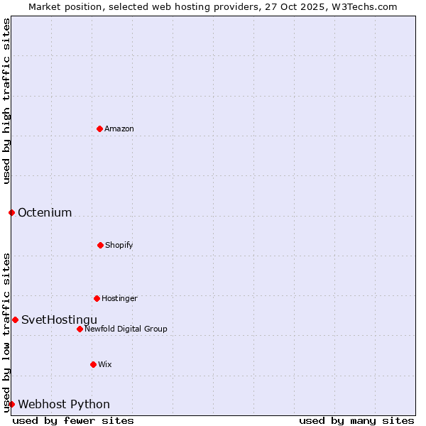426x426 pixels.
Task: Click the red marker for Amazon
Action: tap(99, 129)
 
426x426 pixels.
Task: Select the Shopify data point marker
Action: tap(100, 245)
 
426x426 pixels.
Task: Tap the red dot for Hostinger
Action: tap(97, 298)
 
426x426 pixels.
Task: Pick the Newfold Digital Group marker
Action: tap(80, 329)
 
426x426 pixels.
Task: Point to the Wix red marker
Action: tap(93, 364)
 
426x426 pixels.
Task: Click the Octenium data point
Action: tap(11, 212)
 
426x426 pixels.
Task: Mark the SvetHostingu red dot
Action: tap(15, 319)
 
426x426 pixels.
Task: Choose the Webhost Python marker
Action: tap(11, 404)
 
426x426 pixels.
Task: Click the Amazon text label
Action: tap(119, 129)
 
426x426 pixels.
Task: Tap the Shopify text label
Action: tap(119, 245)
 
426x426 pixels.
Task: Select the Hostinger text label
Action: tap(119, 298)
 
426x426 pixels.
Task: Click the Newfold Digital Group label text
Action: tap(126, 329)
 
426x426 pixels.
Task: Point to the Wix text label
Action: tap(105, 364)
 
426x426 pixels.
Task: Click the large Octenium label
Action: tap(45, 212)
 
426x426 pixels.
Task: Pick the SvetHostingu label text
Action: tap(59, 319)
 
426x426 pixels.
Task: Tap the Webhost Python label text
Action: tap(64, 404)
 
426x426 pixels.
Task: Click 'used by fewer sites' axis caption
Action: tap(73, 420)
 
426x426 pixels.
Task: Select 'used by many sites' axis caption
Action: tap(356, 420)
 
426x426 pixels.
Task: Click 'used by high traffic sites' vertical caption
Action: tap(6, 101)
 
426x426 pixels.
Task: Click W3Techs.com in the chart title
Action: tap(364, 6)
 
